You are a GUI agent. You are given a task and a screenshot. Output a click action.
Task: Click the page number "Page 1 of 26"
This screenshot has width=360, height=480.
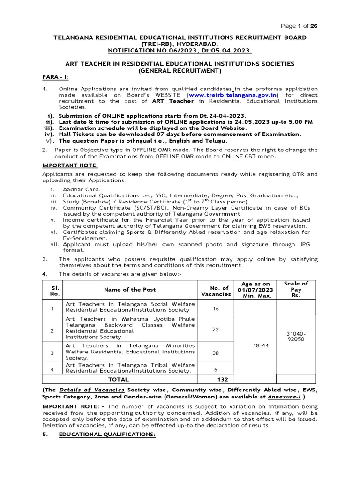299,26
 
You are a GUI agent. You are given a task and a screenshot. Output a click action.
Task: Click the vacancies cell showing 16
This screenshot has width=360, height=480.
216,308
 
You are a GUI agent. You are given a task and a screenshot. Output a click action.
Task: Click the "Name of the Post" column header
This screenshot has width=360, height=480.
130,290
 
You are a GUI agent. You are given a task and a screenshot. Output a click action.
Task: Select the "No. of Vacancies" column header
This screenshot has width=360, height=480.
216,291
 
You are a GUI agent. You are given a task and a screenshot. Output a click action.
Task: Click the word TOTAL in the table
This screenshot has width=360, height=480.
118,379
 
